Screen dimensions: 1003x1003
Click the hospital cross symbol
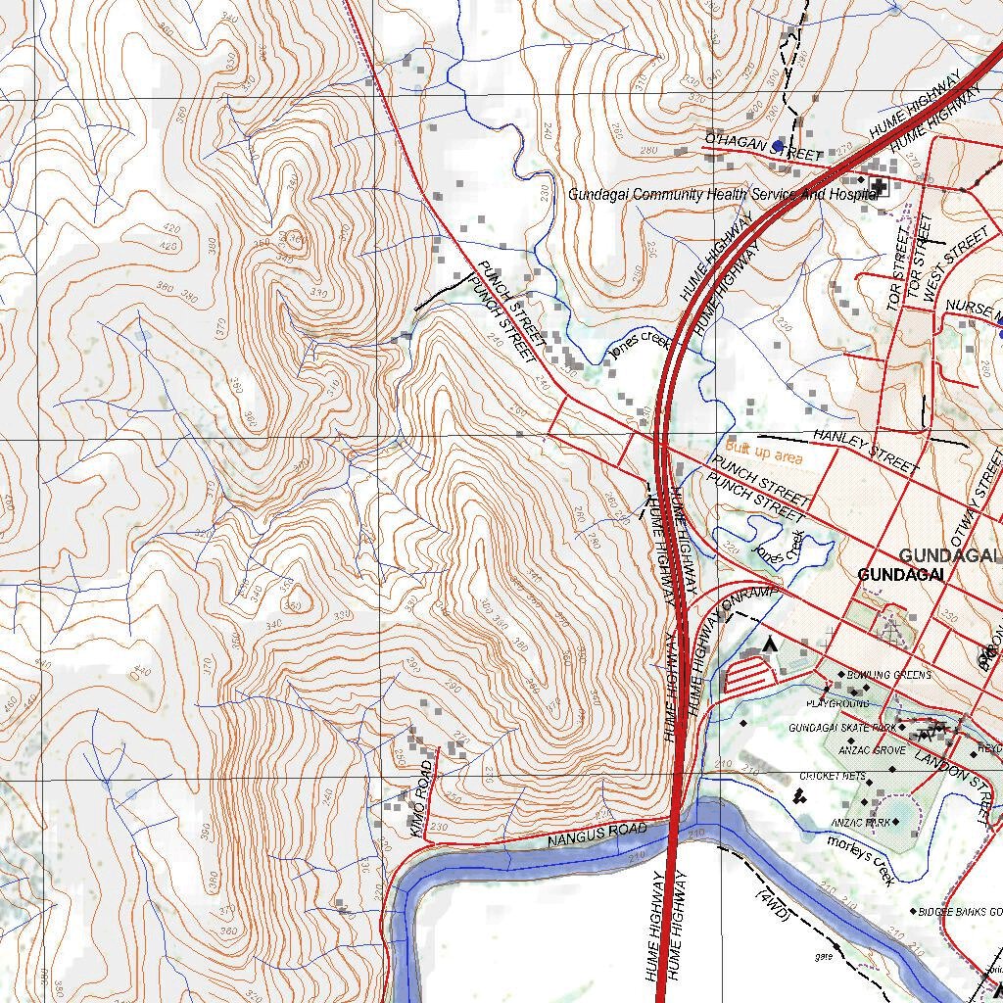[x=879, y=184]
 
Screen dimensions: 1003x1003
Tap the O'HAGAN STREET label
[x=763, y=148]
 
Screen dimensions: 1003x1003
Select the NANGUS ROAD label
[x=597, y=835]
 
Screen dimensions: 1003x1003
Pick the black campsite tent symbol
[x=770, y=644]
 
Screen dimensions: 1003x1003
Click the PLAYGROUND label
[x=837, y=703]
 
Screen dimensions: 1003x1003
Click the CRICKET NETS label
[x=833, y=776]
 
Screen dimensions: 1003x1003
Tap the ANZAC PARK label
[x=860, y=822]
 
